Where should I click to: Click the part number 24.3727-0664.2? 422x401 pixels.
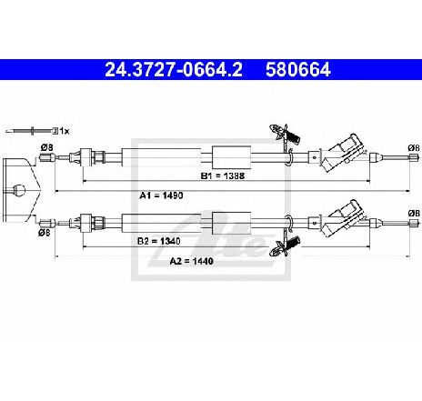[x=174, y=70]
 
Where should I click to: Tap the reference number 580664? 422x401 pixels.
[x=298, y=70]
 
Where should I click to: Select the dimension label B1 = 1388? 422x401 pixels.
[x=223, y=175]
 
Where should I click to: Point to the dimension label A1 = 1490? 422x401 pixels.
[x=161, y=195]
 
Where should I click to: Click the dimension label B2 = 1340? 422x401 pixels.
[x=159, y=241]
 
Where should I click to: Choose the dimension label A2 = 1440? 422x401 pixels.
[x=191, y=261]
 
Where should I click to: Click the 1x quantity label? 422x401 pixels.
[x=65, y=131]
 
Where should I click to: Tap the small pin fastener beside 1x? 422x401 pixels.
[x=31, y=131]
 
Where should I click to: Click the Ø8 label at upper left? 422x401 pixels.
[x=47, y=147]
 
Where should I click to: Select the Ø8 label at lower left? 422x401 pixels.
[x=45, y=233]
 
